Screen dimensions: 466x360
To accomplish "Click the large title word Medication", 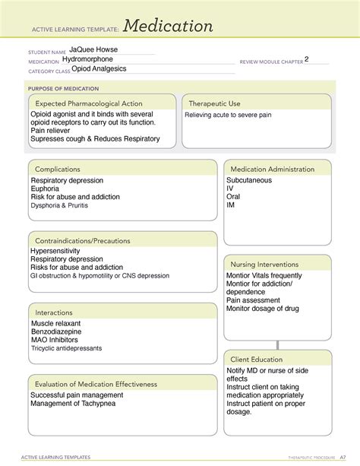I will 168,27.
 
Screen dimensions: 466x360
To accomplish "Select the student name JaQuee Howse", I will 87,50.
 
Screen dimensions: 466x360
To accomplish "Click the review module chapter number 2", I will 307,59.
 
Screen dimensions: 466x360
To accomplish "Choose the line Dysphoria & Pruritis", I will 64,206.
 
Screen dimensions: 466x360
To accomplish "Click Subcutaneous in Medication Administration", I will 249,180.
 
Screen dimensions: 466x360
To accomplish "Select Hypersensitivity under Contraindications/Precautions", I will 61,251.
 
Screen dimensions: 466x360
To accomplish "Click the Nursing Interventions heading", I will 264,264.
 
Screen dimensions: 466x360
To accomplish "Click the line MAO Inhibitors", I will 55,340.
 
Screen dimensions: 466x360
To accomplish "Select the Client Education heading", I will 257,359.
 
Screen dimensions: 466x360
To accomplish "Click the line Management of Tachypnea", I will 77,404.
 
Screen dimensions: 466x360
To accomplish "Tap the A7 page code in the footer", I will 343,458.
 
